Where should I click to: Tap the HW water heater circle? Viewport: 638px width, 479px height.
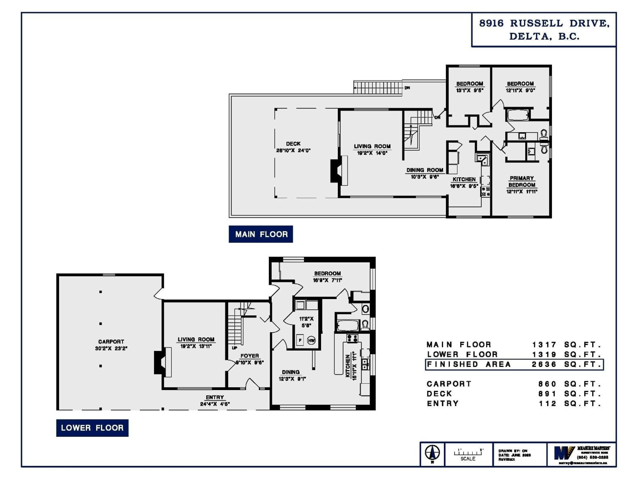point(311,341)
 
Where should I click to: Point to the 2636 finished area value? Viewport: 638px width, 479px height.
point(544,364)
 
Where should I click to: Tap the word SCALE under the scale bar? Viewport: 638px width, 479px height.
point(468,459)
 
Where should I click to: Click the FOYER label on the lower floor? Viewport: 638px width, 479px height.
point(250,356)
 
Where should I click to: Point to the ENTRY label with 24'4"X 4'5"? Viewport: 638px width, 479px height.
point(215,397)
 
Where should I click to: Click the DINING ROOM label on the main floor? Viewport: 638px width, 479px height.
point(425,170)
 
